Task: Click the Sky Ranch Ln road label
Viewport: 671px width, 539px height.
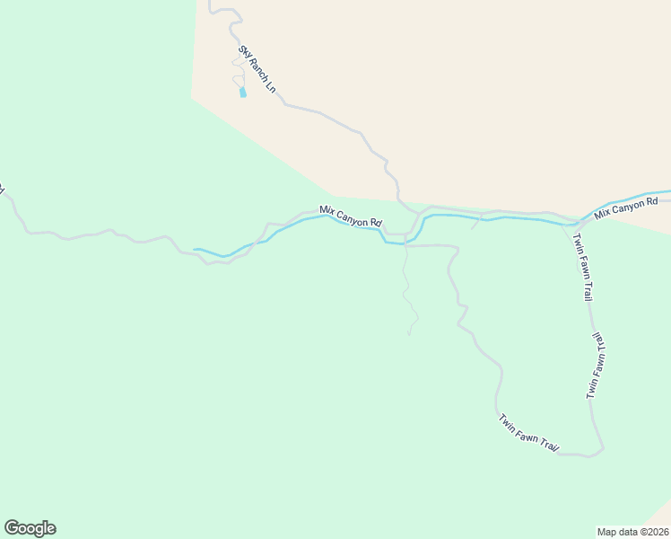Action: click(x=256, y=71)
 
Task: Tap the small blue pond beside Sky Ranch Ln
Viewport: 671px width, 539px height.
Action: click(x=242, y=92)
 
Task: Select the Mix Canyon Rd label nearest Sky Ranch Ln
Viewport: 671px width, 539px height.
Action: click(x=352, y=216)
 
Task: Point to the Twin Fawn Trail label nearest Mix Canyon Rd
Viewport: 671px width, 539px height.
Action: click(x=580, y=267)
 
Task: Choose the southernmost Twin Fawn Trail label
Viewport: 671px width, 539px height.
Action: click(x=528, y=434)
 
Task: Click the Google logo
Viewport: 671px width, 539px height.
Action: click(x=30, y=528)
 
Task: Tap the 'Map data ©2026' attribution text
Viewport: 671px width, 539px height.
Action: click(x=632, y=531)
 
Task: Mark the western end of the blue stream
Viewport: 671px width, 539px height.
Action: click(x=196, y=249)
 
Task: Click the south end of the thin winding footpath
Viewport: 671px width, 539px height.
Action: click(x=409, y=334)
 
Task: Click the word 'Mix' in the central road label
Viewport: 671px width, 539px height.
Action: click(x=327, y=211)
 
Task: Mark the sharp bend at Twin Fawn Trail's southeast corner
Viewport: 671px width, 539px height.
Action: click(x=602, y=446)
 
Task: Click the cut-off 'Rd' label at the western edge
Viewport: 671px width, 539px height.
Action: click(x=2, y=190)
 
